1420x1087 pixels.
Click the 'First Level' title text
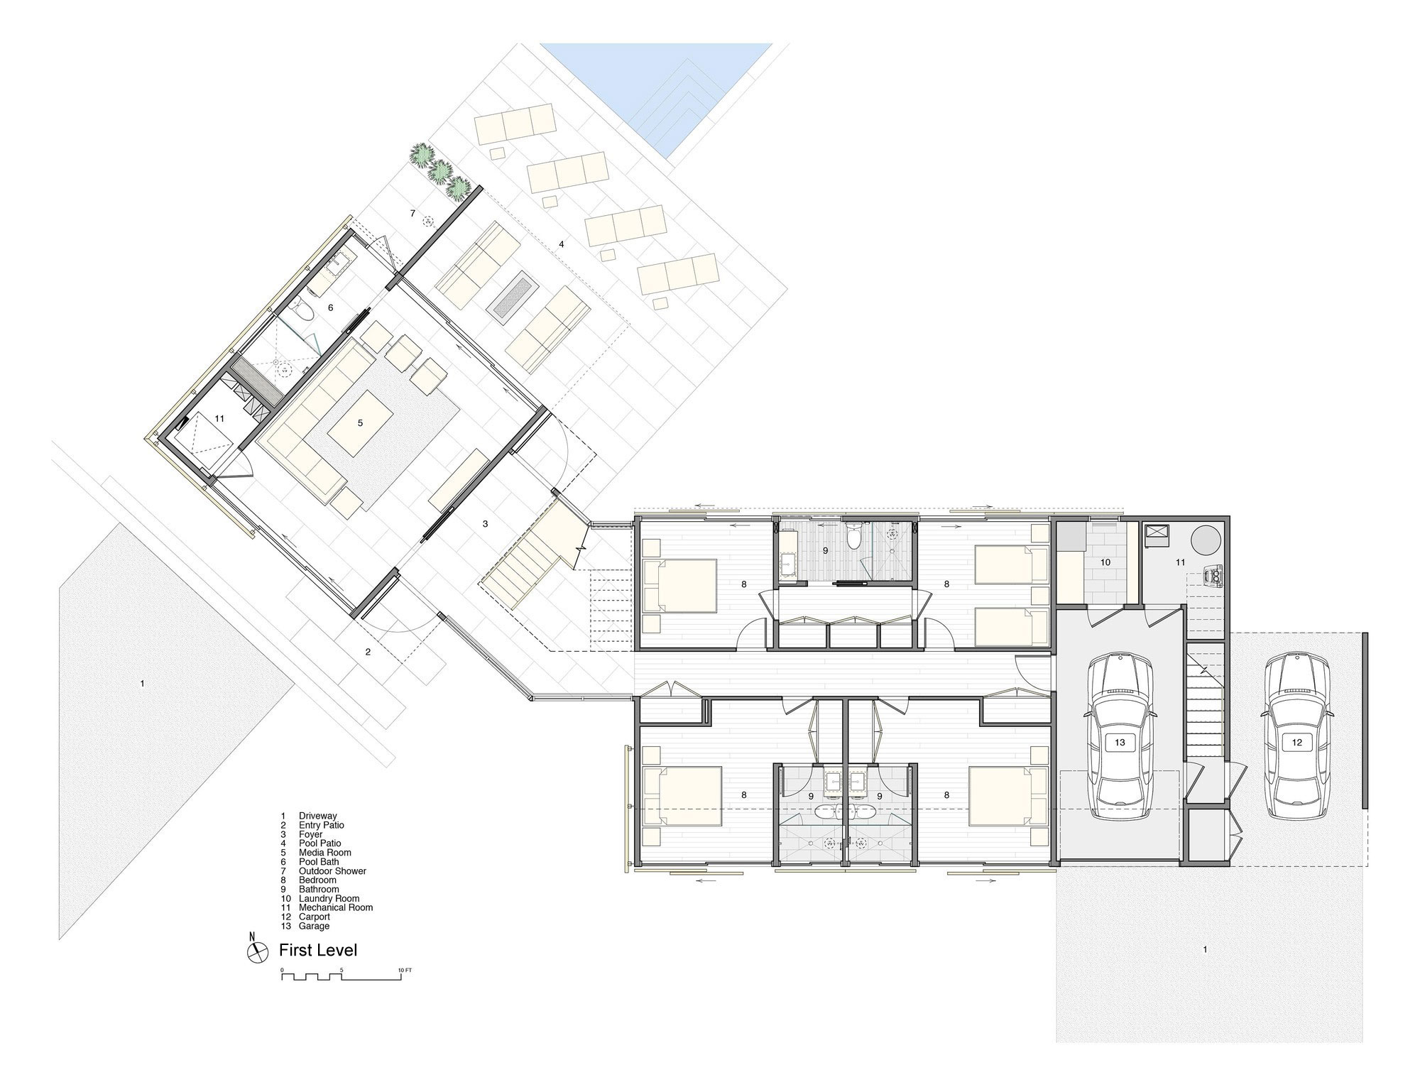(x=318, y=950)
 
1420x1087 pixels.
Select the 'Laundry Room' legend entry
(x=329, y=898)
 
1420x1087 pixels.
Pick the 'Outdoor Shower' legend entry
(x=332, y=870)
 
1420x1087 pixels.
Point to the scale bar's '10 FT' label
(x=405, y=970)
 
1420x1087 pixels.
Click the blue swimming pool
(x=657, y=89)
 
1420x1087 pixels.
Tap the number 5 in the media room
(x=360, y=423)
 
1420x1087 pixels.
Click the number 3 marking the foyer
(x=485, y=524)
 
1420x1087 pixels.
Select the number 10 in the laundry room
(x=1105, y=562)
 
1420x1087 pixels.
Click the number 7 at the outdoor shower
(x=412, y=213)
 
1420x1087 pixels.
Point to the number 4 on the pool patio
(x=561, y=244)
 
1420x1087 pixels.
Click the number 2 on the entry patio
(x=368, y=652)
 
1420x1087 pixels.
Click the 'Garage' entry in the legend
(x=314, y=926)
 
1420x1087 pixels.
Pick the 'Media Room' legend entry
(x=324, y=852)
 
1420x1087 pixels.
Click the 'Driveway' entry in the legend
(x=317, y=816)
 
